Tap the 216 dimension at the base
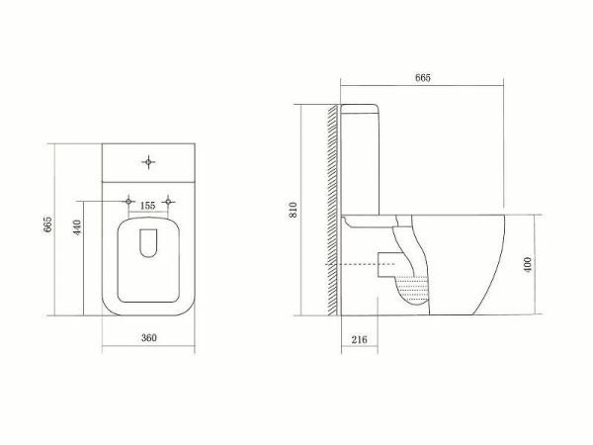pos(359,339)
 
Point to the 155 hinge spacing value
pos(148,205)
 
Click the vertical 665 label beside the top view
pos(46,225)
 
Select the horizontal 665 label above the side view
pos(422,77)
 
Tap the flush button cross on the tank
pos(148,160)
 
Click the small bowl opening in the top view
pos(149,242)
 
